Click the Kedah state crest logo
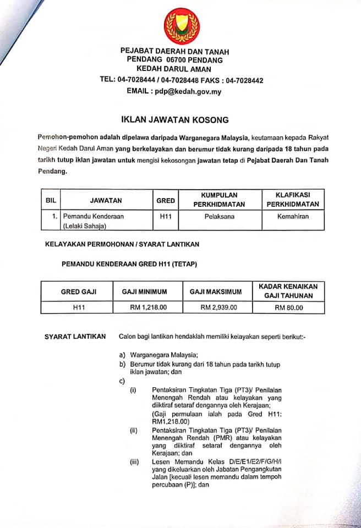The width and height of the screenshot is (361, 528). (x=182, y=25)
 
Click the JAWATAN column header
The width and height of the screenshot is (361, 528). (x=106, y=201)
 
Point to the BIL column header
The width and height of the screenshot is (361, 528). (x=51, y=201)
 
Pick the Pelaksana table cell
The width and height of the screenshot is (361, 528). (x=219, y=216)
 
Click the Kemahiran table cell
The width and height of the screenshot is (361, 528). (x=293, y=216)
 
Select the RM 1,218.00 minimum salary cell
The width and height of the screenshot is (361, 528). (x=148, y=307)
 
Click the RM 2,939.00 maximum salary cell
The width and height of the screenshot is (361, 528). (x=218, y=307)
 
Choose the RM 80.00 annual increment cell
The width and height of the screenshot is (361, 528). (x=288, y=307)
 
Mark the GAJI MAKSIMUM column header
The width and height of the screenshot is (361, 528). (x=218, y=291)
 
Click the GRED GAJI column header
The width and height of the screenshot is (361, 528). (x=78, y=291)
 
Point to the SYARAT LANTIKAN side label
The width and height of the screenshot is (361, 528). (x=75, y=336)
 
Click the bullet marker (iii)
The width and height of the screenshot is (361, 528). (x=134, y=462)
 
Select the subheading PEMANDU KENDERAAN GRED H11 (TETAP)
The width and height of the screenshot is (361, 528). (x=129, y=265)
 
